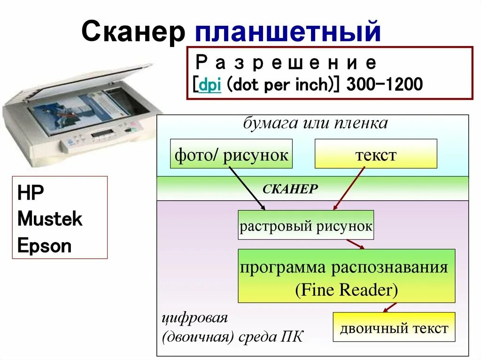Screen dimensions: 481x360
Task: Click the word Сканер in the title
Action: (x=132, y=32)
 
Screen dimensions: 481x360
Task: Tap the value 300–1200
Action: (x=384, y=84)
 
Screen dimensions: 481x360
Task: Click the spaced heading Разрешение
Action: (x=286, y=62)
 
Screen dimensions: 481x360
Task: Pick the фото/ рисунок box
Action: (x=231, y=154)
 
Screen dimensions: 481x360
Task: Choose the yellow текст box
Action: (x=375, y=154)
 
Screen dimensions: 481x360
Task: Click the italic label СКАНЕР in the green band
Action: (x=290, y=189)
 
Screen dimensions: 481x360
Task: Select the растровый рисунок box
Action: (x=306, y=226)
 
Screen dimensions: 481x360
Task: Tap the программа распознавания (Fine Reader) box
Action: (x=346, y=276)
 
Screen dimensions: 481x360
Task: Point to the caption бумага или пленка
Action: (x=315, y=123)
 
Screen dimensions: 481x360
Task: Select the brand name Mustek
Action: (x=50, y=219)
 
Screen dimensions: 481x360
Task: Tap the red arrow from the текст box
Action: (x=349, y=189)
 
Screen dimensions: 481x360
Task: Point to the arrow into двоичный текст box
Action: (x=389, y=307)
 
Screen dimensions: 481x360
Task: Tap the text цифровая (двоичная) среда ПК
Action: (x=232, y=328)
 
